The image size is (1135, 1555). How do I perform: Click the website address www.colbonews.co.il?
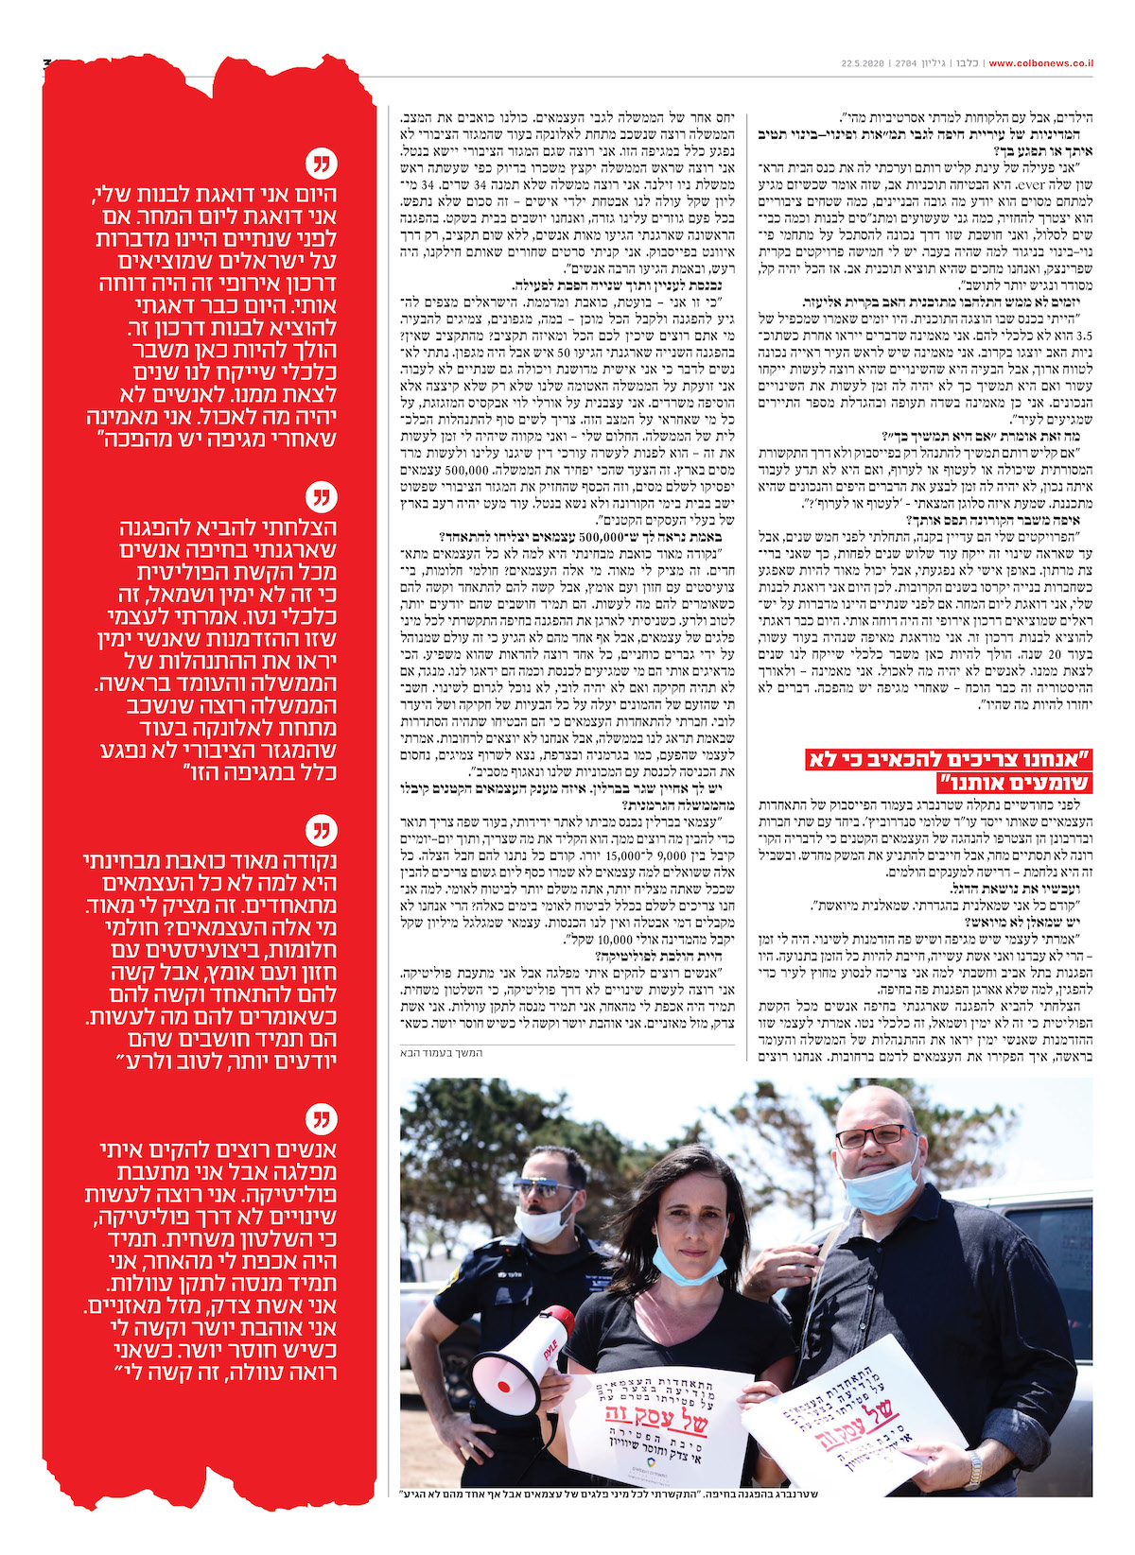[1041, 63]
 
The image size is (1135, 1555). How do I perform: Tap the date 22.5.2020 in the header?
[861, 63]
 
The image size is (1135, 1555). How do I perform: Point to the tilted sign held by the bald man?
[842, 1408]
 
